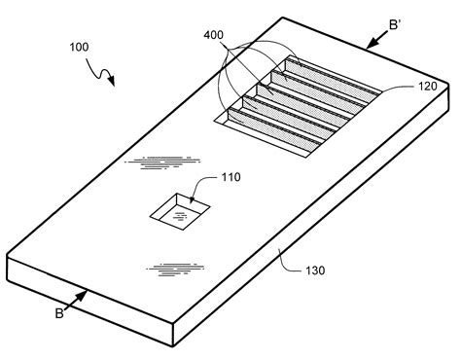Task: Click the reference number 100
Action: point(84,46)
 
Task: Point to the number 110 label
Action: point(230,178)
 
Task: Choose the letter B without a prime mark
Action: point(59,313)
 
